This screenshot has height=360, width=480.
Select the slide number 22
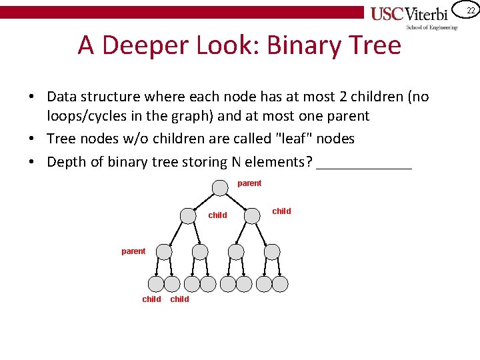(471, 10)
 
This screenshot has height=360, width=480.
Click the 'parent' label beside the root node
(249, 183)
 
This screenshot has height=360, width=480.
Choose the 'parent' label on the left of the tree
(133, 251)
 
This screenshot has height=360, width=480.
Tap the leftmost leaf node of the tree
(155, 284)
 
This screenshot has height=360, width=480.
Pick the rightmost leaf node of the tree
(280, 284)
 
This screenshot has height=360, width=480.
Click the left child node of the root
(188, 216)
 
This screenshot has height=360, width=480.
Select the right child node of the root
(251, 216)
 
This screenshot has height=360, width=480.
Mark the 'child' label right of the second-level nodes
(281, 211)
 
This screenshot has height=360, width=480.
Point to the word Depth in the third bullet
(65, 162)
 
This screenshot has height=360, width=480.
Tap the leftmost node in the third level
(163, 251)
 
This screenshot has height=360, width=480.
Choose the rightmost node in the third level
(272, 251)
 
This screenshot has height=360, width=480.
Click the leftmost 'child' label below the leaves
(151, 299)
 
